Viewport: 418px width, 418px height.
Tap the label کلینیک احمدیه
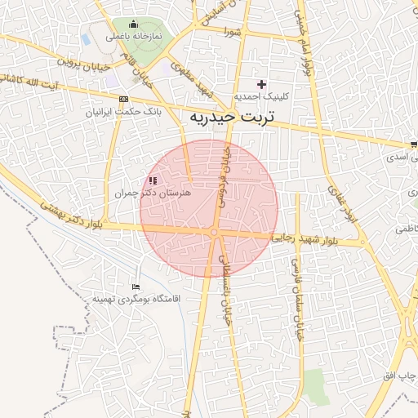(261, 96)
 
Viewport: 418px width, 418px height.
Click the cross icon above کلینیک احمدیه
(261, 84)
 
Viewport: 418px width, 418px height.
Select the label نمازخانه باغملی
(133, 38)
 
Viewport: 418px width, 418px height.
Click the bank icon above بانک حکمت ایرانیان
(123, 99)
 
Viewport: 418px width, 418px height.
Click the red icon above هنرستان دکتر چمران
(152, 180)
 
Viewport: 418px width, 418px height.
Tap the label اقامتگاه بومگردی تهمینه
(135, 299)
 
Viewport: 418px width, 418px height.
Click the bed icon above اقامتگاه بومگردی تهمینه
(136, 287)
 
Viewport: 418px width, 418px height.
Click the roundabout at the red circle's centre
(214, 233)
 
